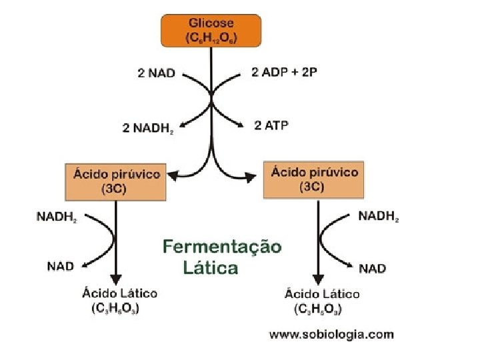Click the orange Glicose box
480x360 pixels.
point(211,31)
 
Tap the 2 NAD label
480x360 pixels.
point(156,73)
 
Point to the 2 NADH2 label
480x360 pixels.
point(148,127)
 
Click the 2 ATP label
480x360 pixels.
point(271,125)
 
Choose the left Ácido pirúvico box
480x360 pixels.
point(115,181)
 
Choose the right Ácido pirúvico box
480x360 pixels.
point(315,179)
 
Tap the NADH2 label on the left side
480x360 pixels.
point(56,217)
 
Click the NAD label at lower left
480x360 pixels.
point(60,266)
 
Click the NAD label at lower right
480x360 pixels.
point(372,268)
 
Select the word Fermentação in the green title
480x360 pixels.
point(222,247)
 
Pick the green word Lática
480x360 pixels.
point(209,268)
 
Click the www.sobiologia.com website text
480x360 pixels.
point(331,335)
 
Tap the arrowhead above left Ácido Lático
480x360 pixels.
point(117,279)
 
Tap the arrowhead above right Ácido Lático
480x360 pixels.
point(318,280)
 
